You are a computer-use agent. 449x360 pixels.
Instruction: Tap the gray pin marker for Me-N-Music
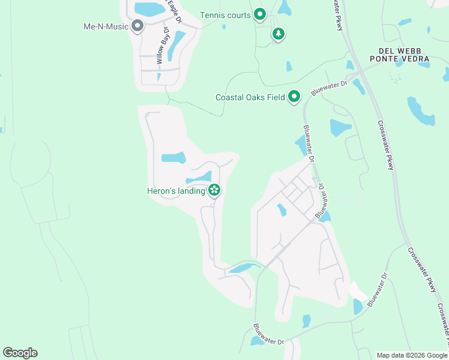[137, 26]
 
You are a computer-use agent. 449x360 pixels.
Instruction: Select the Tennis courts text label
[225, 15]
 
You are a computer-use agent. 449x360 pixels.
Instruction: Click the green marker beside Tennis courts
[260, 14]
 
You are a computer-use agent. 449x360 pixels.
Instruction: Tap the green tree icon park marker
[277, 34]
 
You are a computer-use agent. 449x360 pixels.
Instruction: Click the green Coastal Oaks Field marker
[294, 96]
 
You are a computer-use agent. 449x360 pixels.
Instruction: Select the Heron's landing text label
[176, 191]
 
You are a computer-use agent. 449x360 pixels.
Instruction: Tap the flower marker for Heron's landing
[214, 191]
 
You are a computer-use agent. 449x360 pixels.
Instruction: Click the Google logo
[20, 353]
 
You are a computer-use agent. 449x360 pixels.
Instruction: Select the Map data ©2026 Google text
[411, 355]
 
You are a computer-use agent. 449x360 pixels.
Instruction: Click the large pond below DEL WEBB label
[420, 110]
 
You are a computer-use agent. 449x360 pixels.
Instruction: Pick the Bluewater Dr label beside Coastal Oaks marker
[329, 88]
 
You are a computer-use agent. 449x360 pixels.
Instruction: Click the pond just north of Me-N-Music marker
[146, 9]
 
